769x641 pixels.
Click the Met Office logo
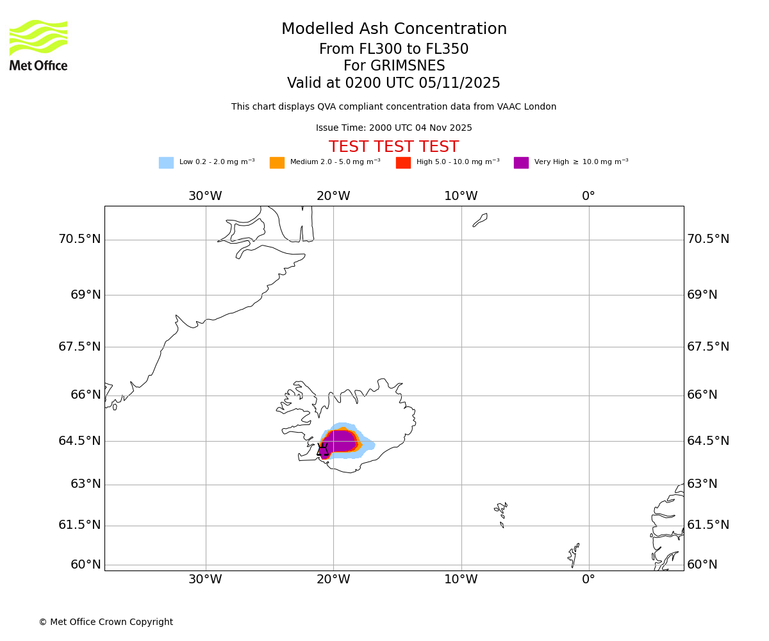(x=38, y=46)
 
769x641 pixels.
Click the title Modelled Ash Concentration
(x=393, y=29)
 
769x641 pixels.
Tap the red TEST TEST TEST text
(x=393, y=147)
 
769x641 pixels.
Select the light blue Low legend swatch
(x=166, y=163)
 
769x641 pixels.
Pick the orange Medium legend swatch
(x=277, y=163)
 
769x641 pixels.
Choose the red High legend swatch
(x=403, y=163)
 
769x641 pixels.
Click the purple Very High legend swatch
(x=521, y=163)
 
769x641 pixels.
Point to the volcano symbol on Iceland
(x=322, y=449)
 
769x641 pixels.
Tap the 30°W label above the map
(x=205, y=196)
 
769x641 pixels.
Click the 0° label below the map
(x=588, y=579)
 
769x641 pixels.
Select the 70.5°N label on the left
(x=79, y=239)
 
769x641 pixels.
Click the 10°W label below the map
(x=461, y=579)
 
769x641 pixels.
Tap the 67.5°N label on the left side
(x=79, y=347)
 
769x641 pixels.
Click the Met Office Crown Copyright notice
(x=106, y=622)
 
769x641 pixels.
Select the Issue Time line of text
(x=393, y=128)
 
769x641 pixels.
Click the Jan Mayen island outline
(x=480, y=220)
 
